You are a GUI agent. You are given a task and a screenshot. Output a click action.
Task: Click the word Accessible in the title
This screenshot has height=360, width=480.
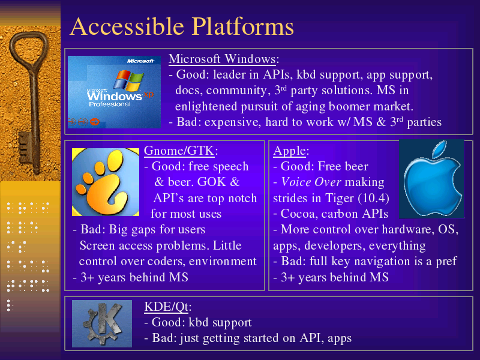pyautogui.click(x=127, y=26)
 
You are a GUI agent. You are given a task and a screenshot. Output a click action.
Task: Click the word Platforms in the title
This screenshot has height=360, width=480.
pyautogui.click(x=243, y=26)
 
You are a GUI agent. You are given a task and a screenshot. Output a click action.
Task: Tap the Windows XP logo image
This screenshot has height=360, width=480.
pyautogui.click(x=114, y=92)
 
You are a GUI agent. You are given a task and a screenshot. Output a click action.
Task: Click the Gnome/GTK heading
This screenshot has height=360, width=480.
pyautogui.click(x=179, y=151)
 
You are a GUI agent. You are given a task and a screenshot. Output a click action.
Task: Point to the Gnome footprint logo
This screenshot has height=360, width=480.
pyautogui.click(x=106, y=182)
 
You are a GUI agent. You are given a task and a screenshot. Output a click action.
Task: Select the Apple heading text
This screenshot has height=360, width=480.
pyautogui.click(x=290, y=151)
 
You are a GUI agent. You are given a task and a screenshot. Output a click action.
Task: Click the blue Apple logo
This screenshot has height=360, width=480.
pyautogui.click(x=431, y=179)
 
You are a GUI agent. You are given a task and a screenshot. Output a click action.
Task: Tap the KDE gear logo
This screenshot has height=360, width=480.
pyautogui.click(x=102, y=323)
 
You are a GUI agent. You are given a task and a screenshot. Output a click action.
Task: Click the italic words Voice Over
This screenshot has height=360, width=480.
pyautogui.click(x=311, y=182)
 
